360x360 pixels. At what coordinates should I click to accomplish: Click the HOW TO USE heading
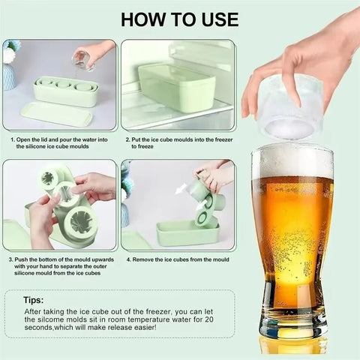pos(179,19)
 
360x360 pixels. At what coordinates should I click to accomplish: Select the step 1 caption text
pos(60,142)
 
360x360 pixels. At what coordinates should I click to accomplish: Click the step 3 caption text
pos(60,266)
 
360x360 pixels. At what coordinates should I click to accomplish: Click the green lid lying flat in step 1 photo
pos(56,114)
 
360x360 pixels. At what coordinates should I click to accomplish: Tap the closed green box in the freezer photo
pos(177,86)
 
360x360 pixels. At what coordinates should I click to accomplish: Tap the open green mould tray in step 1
pos(67,91)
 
